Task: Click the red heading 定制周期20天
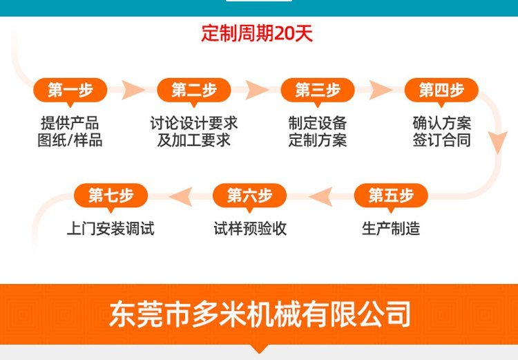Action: pos(257,33)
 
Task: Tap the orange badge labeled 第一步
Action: pos(70,91)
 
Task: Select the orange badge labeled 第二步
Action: pos(193,91)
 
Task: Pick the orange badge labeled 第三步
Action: pos(318,91)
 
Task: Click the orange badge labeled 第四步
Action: pos(441,91)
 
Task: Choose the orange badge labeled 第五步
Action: pos(391,196)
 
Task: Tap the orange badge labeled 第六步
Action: pos(249,196)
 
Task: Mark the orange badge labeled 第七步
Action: pos(111,196)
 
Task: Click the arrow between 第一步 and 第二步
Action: pos(133,90)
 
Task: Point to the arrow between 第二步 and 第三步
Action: pos(257,90)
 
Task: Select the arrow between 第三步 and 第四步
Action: pos(381,90)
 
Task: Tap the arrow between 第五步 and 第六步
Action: pos(321,196)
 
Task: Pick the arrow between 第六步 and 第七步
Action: pos(181,196)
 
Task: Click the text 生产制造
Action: pos(391,229)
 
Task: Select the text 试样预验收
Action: pos(250,229)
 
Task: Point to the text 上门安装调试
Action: pos(111,229)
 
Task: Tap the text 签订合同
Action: pos(442,140)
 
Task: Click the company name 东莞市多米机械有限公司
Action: pos(259,314)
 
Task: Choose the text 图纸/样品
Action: pos(70,140)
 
